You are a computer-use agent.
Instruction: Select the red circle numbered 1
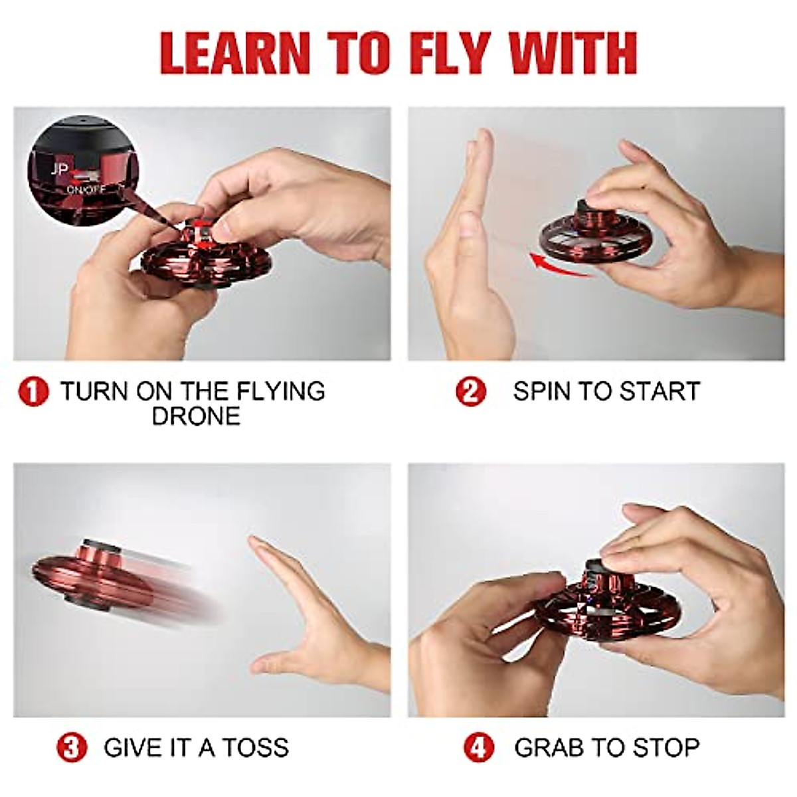(33, 393)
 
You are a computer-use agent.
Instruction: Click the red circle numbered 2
(471, 391)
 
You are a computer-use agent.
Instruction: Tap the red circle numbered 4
(478, 748)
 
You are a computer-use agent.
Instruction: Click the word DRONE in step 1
(196, 416)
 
